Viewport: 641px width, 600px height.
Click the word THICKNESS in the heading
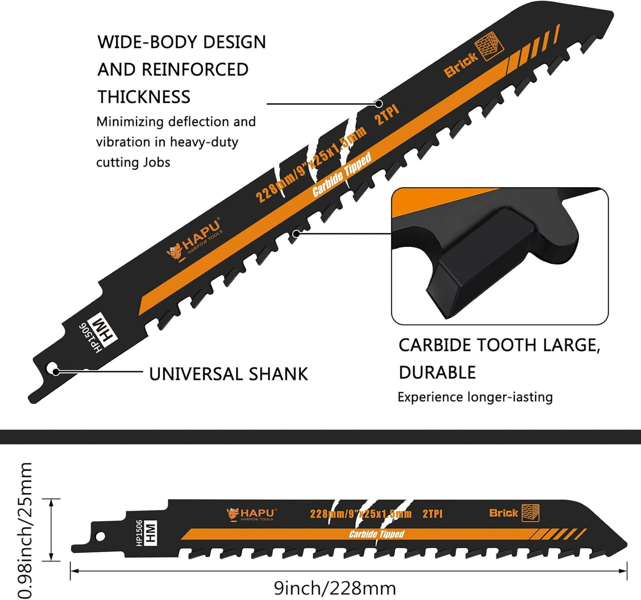pos(144,97)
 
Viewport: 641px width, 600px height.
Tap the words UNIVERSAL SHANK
pos(228,374)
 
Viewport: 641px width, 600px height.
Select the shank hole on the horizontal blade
pos(100,536)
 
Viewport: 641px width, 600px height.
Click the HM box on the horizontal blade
pos(151,533)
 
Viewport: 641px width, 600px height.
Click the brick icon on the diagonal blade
pos(489,46)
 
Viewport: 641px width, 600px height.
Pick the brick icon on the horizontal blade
pos(531,513)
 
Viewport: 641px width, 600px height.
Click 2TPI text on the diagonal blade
pos(387,115)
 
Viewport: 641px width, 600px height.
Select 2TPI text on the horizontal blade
pos(433,514)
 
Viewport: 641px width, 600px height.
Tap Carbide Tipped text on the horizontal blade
pos(377,534)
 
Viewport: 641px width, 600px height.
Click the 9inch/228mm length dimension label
pos(335,588)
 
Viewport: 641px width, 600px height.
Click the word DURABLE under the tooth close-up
pos(437,373)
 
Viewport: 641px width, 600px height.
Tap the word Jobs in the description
pos(157,162)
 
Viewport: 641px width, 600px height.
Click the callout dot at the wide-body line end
pos(379,104)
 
